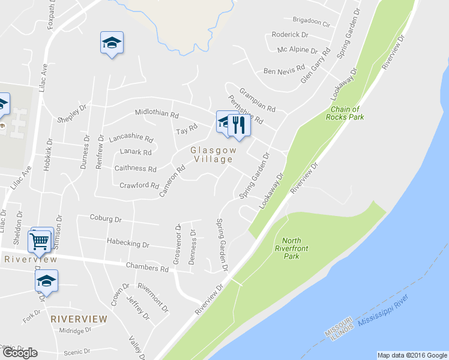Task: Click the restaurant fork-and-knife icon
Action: [239, 125]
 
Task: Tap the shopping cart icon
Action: [40, 241]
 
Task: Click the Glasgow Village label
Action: [212, 155]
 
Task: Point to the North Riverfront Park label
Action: [287, 248]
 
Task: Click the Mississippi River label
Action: [383, 315]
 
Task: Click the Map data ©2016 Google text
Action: [412, 355]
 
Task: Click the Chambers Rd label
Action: [147, 268]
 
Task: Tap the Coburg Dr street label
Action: [105, 218]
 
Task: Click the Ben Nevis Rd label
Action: [285, 71]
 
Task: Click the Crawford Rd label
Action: [139, 185]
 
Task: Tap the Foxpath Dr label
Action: [55, 8]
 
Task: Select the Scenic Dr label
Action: [79, 352]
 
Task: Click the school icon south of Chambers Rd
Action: [46, 280]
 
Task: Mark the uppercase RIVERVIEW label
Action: [79, 319]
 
